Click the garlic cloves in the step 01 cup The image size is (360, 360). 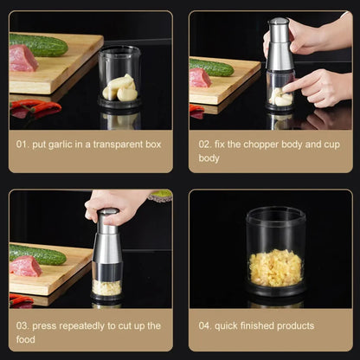coord(120,87)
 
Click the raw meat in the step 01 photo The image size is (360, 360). coord(22,58)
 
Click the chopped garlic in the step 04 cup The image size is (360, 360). coord(275,267)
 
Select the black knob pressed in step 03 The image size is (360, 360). coord(107,213)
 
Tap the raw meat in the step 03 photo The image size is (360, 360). coord(25,265)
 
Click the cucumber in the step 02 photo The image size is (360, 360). coord(212,67)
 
